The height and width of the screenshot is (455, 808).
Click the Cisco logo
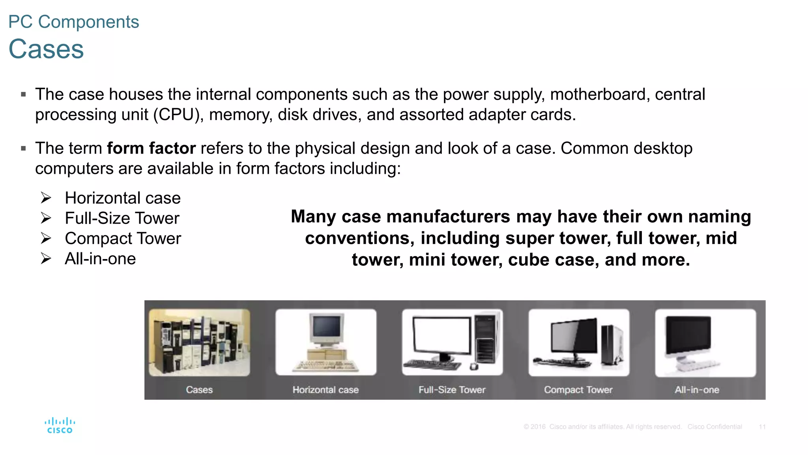tap(60, 426)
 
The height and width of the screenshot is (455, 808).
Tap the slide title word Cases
tap(46, 49)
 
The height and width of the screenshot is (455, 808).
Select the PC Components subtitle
tap(74, 22)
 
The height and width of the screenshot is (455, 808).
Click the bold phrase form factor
tap(151, 149)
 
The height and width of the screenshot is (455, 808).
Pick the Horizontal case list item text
tap(123, 198)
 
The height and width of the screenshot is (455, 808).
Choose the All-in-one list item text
tap(100, 259)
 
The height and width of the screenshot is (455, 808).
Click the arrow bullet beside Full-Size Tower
tap(46, 218)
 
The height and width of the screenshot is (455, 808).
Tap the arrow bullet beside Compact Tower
tap(46, 239)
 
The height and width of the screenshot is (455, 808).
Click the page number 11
tap(762, 427)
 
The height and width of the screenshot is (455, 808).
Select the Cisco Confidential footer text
tap(714, 427)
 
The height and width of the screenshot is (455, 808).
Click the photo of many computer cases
tap(199, 342)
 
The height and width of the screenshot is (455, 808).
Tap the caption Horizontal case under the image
tap(325, 390)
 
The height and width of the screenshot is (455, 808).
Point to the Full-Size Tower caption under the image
tap(452, 390)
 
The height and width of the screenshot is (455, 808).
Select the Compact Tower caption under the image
tap(578, 390)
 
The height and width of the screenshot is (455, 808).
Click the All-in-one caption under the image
tap(697, 390)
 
